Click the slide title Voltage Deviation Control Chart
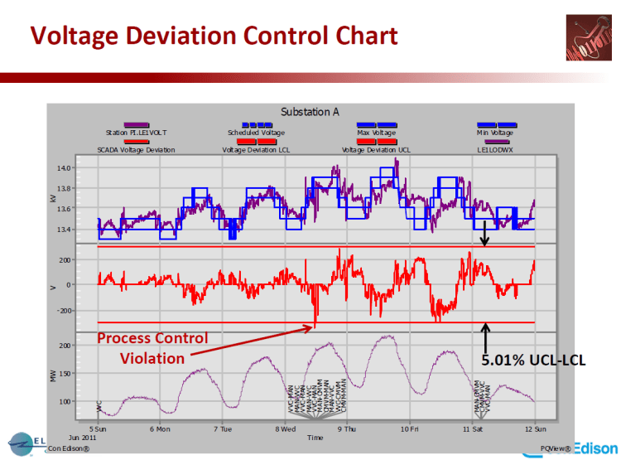coord(214,36)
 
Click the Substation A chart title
coord(310,112)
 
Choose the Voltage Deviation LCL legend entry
coord(256,150)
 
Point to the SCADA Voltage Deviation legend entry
coord(136,150)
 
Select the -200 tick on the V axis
coord(83,311)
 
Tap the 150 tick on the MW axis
coord(85,373)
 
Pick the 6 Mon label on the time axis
coord(160,429)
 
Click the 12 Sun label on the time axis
coord(533,429)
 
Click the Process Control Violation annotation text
coord(152,348)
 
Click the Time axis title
coord(315,438)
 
